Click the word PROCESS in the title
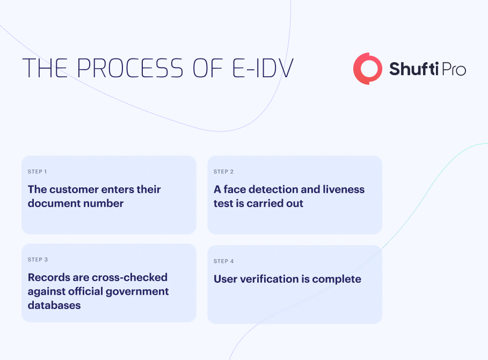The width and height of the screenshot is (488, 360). [130, 68]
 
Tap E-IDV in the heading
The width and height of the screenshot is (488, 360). [263, 68]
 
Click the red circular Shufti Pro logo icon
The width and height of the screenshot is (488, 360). [368, 69]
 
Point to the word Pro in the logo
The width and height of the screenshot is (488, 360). [454, 69]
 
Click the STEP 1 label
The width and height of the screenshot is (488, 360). [38, 172]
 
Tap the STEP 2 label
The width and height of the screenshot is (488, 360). [223, 172]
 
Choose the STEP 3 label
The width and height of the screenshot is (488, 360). [38, 260]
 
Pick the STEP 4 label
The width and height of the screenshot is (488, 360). [223, 261]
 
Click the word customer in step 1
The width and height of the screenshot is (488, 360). [74, 189]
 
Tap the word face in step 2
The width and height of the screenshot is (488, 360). [235, 189]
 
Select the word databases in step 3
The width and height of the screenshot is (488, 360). [54, 306]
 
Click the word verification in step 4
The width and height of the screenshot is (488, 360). [269, 279]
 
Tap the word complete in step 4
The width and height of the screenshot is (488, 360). [337, 280]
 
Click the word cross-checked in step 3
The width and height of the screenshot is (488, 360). [130, 277]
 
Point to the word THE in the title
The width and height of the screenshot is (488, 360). [45, 68]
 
